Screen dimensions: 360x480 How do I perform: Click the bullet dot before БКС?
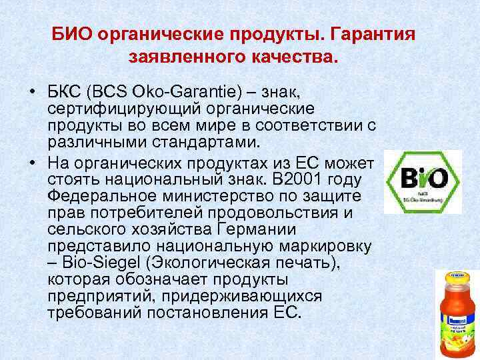pyautogui.click(x=31, y=91)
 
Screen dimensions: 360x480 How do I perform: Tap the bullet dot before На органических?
pyautogui.click(x=31, y=164)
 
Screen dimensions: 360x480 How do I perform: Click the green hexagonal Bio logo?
pyautogui.click(x=423, y=180)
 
